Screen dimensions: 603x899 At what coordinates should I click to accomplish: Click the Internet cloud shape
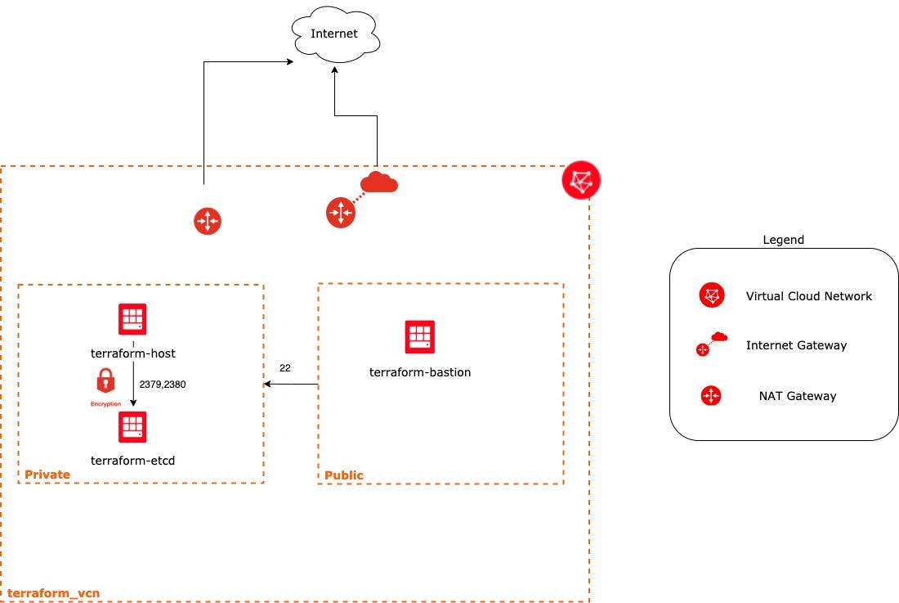pos(334,34)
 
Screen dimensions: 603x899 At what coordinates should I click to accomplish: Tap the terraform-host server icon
pos(132,318)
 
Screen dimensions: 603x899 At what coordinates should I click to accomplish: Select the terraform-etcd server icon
pos(132,427)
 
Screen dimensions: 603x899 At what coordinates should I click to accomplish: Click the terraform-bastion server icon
pos(420,336)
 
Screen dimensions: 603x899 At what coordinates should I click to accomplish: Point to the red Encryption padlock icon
pos(105,381)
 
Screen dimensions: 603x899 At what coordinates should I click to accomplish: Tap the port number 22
pos(285,368)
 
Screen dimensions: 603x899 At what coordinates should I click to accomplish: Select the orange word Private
pos(47,475)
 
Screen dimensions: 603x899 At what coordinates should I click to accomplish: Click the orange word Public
pos(344,475)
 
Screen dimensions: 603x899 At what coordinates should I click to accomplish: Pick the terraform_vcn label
pos(54,592)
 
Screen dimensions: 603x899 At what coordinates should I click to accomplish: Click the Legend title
pos(783,240)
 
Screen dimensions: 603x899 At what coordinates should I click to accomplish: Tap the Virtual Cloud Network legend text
pos(809,296)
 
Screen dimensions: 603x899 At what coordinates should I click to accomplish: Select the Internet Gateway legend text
pos(796,345)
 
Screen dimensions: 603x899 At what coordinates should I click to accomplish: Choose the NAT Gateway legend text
pos(798,396)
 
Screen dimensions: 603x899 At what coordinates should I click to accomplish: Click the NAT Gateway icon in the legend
pos(711,396)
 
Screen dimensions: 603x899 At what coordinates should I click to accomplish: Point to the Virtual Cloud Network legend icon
pos(712,295)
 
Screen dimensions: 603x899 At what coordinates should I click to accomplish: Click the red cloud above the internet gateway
pos(379,182)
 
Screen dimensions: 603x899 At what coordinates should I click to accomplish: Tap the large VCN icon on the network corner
pos(581,181)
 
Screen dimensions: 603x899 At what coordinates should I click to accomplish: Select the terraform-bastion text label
pos(420,372)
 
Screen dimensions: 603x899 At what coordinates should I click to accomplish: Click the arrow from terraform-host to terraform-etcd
pos(133,385)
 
